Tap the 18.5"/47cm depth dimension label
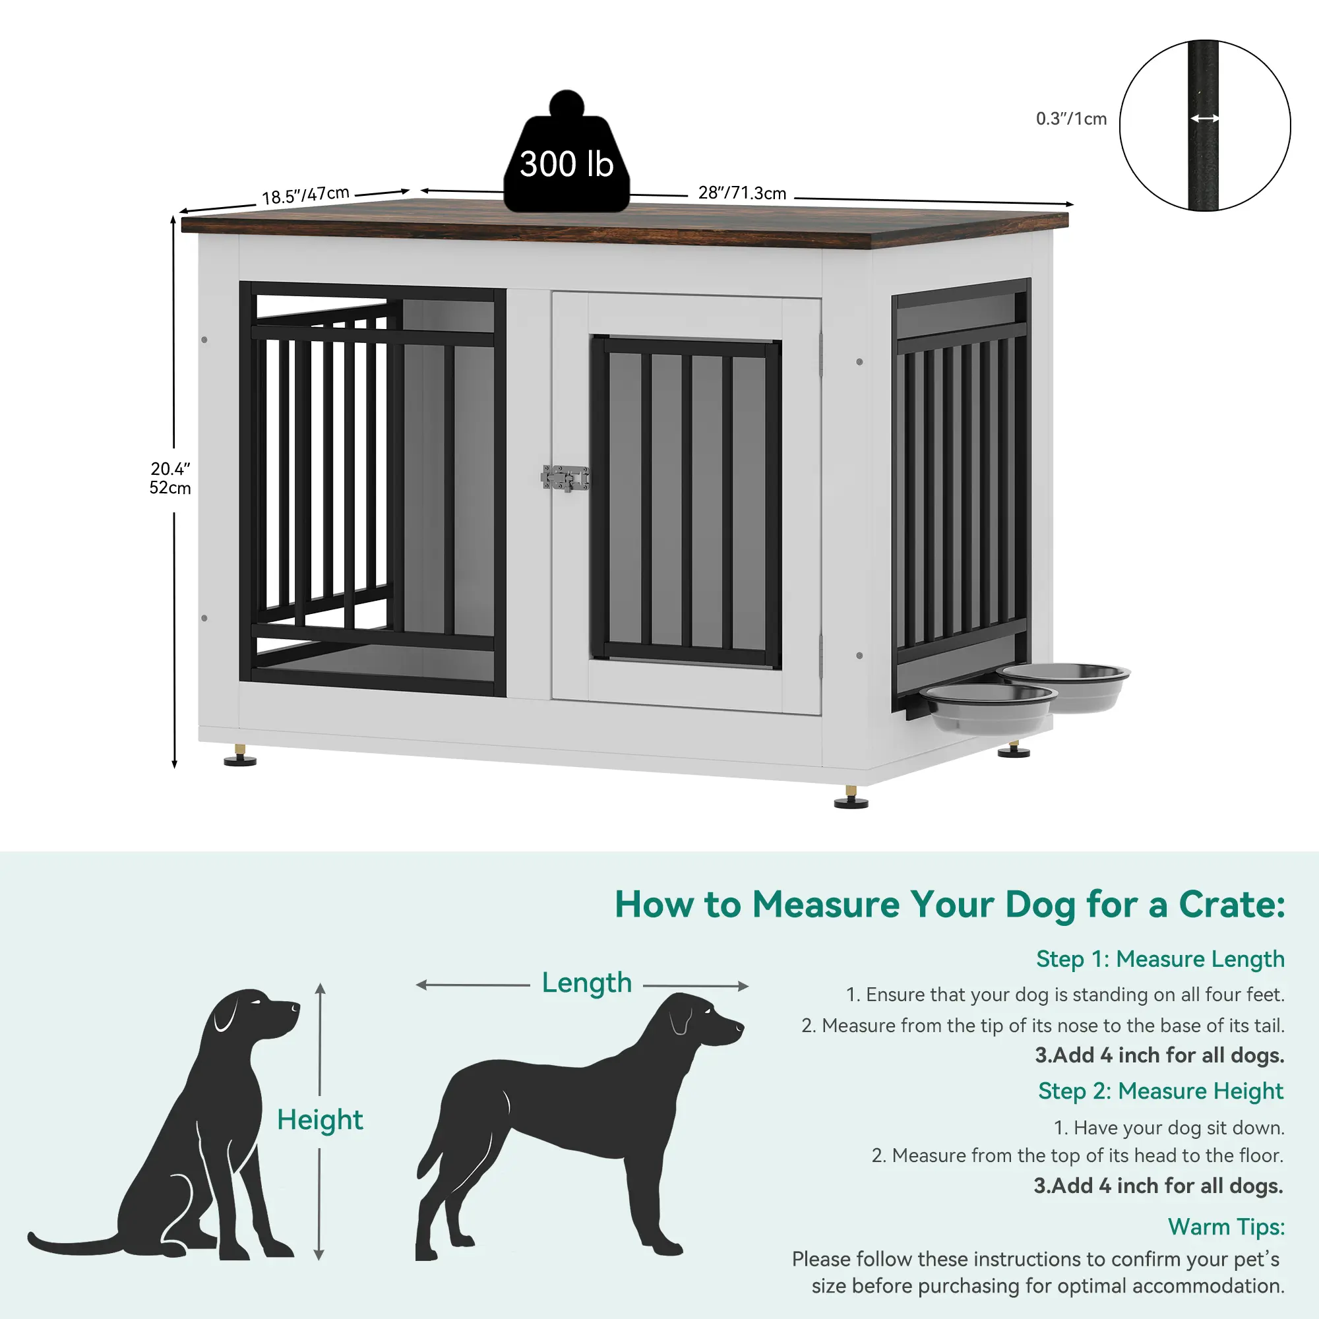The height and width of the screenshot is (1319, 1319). (306, 195)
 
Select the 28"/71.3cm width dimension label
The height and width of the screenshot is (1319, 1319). (742, 193)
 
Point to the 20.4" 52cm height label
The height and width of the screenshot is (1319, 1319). (170, 478)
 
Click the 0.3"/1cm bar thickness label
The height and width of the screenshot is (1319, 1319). (1071, 119)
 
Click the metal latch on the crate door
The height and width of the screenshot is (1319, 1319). (565, 478)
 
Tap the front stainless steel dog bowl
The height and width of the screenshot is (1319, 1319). (988, 708)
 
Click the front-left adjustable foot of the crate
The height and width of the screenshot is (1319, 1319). (239, 755)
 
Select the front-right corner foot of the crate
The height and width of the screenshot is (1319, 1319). (851, 797)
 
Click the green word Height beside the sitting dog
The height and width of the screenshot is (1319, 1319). (319, 1120)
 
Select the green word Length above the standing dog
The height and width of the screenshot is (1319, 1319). (586, 983)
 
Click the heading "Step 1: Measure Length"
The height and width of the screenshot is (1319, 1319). (1160, 959)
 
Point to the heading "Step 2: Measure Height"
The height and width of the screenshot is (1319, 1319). (1161, 1091)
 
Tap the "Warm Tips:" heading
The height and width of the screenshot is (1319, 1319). (1226, 1226)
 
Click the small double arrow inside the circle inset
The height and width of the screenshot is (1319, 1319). (1205, 119)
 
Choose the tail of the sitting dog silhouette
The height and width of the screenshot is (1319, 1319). (75, 1244)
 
